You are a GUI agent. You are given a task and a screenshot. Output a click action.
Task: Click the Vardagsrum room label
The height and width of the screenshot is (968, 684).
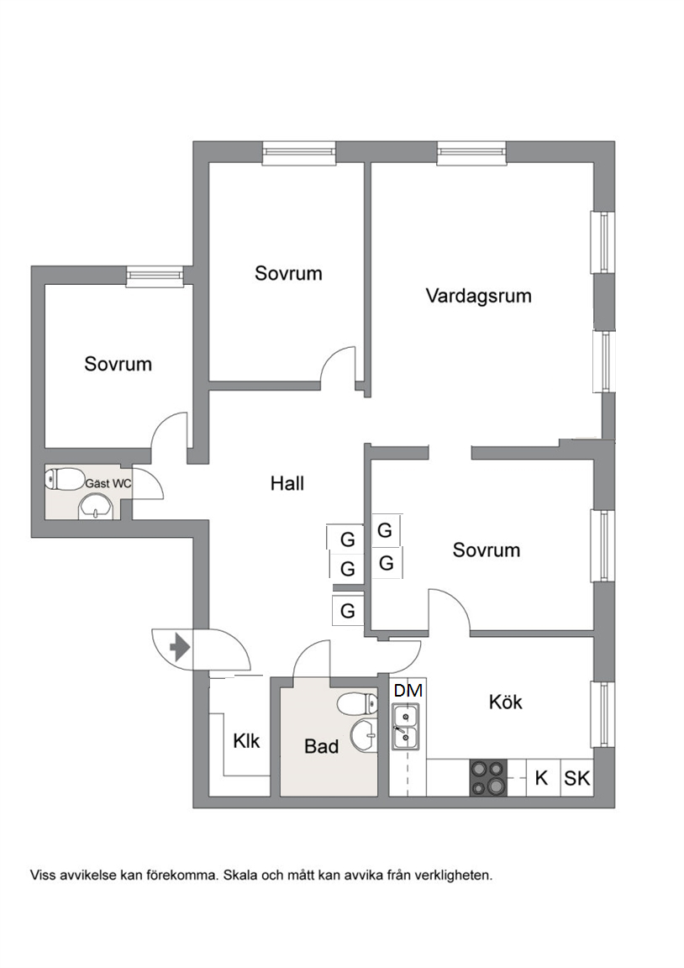[x=478, y=296]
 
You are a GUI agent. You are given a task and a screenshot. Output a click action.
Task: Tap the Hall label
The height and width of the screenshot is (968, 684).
[x=287, y=483]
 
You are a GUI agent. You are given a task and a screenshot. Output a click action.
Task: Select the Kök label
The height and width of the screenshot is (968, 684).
[x=505, y=702]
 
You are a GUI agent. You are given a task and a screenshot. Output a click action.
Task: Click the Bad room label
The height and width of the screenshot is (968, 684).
[x=321, y=746]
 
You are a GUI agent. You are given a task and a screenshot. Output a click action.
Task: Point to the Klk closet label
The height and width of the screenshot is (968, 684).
[x=246, y=740]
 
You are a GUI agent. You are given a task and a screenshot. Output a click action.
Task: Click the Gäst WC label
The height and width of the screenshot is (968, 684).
[x=108, y=483]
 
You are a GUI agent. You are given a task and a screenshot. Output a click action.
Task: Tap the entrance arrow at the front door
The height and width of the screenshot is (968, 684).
[x=181, y=648]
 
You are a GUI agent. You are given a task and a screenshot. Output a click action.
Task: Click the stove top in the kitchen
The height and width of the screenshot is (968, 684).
[x=488, y=778]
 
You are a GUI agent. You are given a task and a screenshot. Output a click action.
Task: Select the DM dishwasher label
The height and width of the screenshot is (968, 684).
[x=408, y=690]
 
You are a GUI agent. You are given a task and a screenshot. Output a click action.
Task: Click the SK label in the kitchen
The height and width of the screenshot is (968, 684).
[x=576, y=778]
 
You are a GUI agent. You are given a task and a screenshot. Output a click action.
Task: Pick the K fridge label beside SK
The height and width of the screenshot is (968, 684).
[x=541, y=778]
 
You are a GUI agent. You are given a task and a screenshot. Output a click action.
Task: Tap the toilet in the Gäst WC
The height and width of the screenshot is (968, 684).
[x=65, y=479]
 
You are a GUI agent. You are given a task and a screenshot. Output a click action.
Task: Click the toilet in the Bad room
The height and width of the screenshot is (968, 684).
[x=357, y=703]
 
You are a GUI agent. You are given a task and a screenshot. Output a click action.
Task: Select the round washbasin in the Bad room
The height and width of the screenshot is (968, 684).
[x=363, y=736]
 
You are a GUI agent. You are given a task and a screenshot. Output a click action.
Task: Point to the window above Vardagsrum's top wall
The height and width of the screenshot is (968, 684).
[x=471, y=153]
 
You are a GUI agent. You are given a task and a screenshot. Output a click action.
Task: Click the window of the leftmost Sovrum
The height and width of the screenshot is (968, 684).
[x=155, y=276]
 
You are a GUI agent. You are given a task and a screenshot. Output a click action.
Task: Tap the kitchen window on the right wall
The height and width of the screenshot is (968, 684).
[x=602, y=714]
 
